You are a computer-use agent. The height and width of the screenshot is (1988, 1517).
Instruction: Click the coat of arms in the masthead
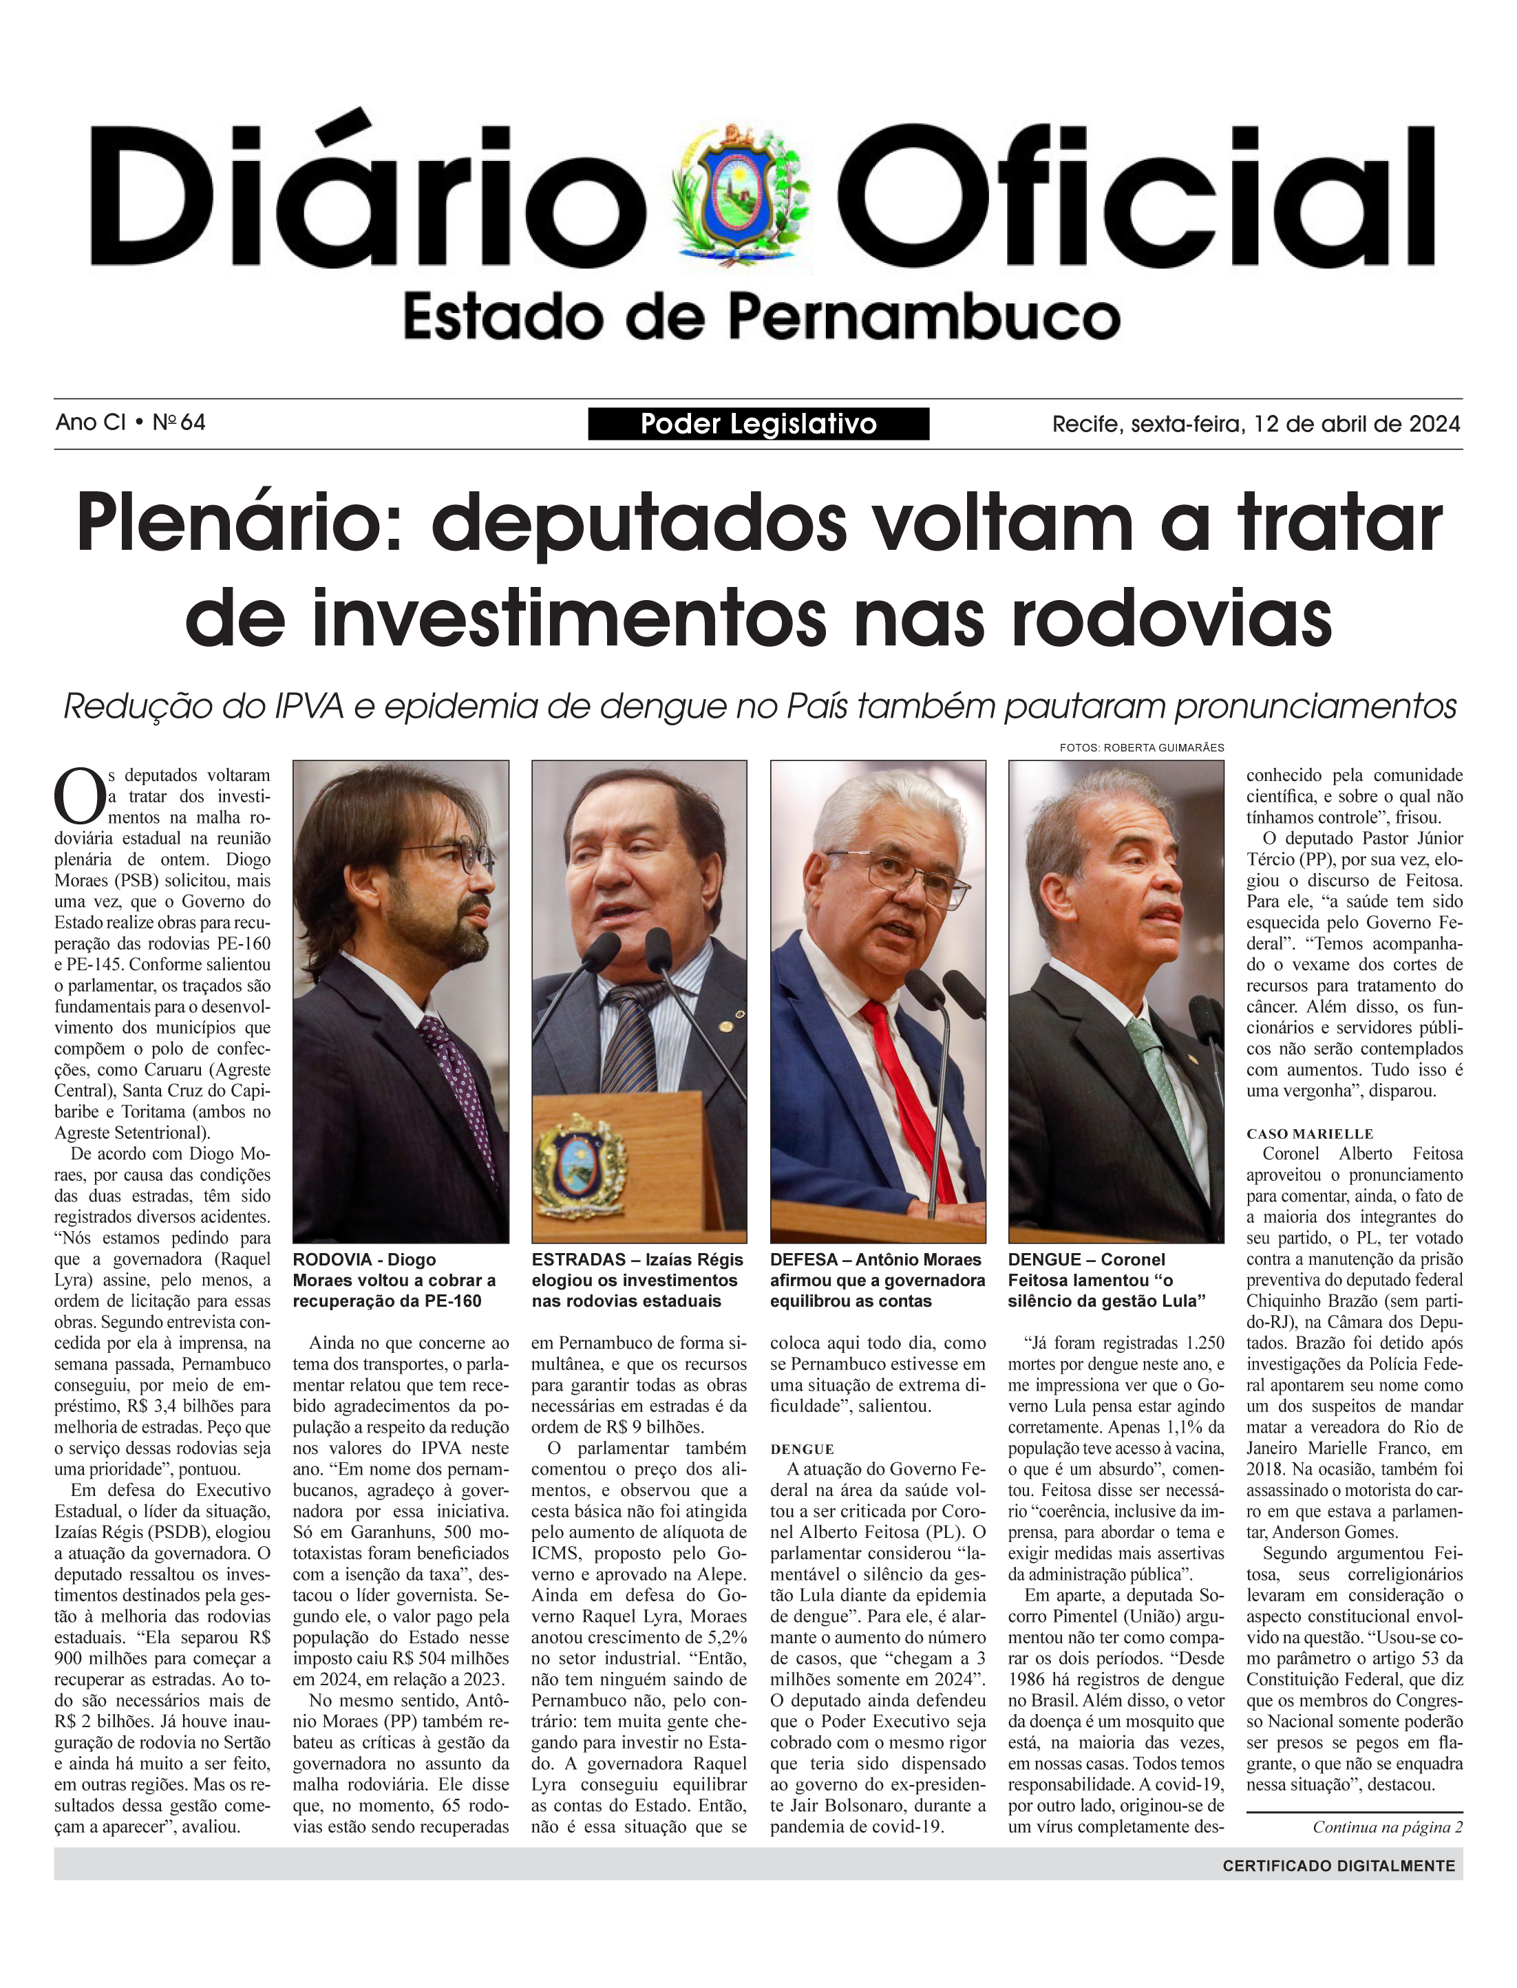[x=742, y=194]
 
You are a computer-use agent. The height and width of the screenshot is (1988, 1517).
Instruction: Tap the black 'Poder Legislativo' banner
[x=758, y=423]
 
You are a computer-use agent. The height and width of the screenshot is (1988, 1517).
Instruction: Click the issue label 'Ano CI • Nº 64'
[x=131, y=423]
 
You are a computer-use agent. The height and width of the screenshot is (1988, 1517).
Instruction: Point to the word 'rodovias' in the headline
[x=1171, y=619]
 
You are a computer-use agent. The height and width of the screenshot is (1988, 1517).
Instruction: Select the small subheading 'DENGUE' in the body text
[x=802, y=1449]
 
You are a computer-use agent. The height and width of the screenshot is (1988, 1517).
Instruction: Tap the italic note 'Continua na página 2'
[x=1387, y=1827]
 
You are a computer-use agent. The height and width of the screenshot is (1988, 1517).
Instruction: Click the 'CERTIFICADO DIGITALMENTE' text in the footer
[x=1338, y=1866]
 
